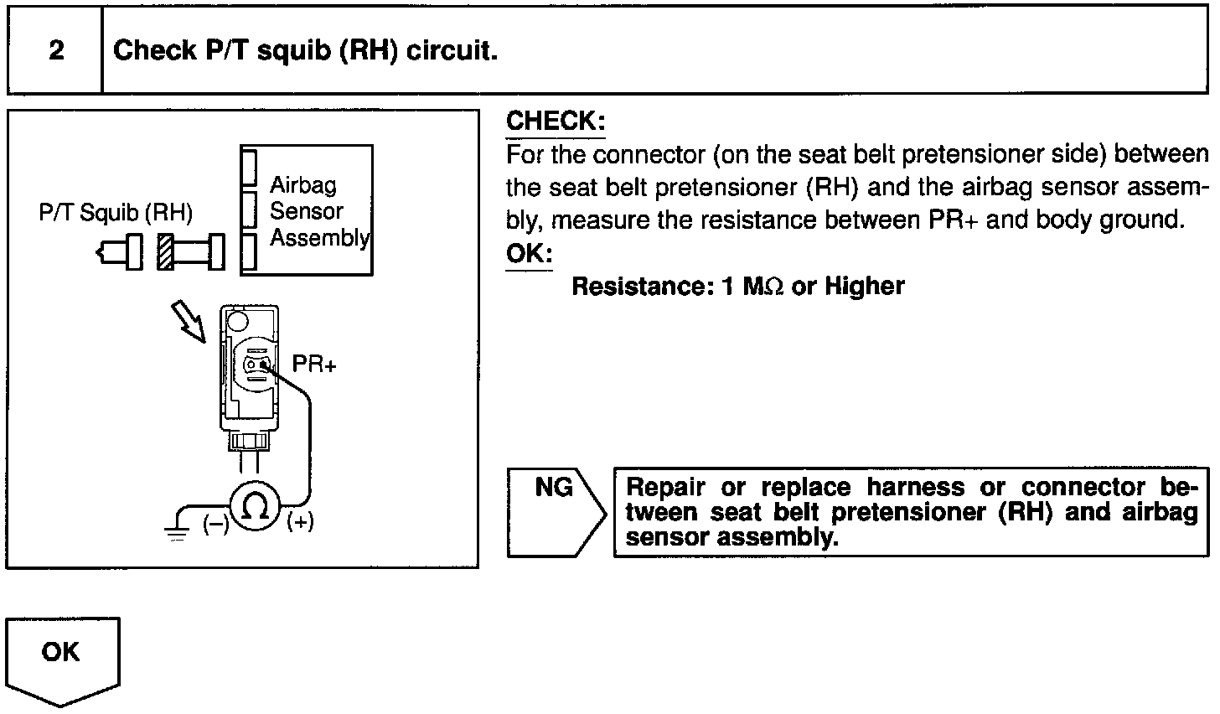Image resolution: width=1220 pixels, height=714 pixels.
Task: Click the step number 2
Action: click(x=56, y=51)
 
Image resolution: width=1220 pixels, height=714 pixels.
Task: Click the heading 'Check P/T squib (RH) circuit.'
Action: click(x=306, y=51)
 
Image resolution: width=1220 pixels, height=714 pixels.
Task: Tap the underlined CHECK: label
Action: click(x=555, y=122)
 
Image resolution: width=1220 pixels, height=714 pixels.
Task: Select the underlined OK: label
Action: click(x=529, y=254)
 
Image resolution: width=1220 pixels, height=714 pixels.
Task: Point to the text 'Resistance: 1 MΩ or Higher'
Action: click(x=737, y=287)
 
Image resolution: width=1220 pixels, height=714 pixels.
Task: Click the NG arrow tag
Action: click(x=554, y=511)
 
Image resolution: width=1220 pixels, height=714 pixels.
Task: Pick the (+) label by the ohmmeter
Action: click(x=300, y=522)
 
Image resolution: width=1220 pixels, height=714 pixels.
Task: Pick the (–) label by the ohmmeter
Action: click(x=215, y=525)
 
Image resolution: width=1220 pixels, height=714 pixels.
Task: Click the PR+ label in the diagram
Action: click(x=313, y=365)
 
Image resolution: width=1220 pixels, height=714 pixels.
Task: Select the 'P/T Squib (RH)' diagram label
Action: click(x=116, y=213)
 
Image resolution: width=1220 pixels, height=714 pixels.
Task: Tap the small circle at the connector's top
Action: click(x=237, y=320)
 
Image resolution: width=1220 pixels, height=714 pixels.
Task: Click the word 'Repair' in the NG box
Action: click(x=665, y=488)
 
